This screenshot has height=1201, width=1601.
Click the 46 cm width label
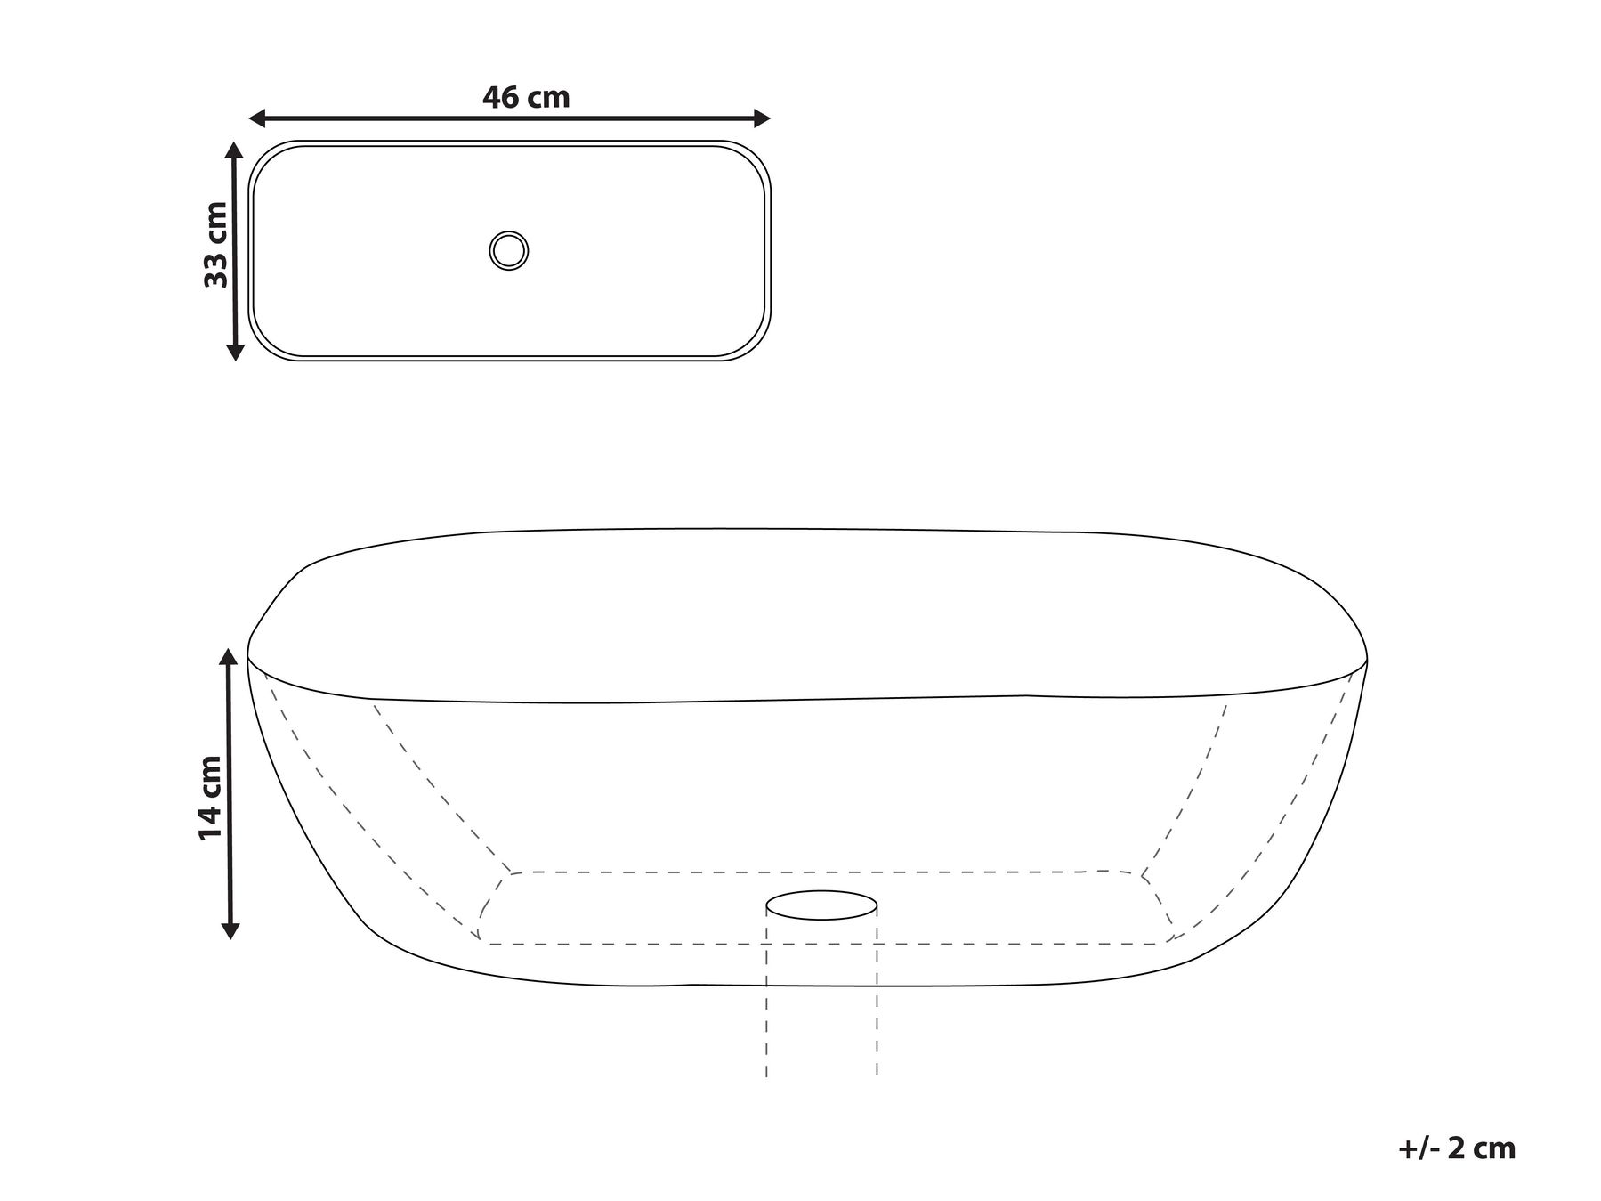tap(526, 97)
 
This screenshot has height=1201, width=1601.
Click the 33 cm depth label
tap(216, 245)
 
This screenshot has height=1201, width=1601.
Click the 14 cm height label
tap(211, 798)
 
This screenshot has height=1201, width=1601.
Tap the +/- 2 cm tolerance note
tap(1457, 1148)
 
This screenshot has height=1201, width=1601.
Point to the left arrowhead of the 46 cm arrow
tap(257, 118)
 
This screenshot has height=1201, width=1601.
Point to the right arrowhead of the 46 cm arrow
tap(762, 118)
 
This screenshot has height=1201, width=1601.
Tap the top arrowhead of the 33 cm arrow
tap(235, 150)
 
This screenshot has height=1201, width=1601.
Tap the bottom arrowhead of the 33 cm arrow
tap(235, 353)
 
